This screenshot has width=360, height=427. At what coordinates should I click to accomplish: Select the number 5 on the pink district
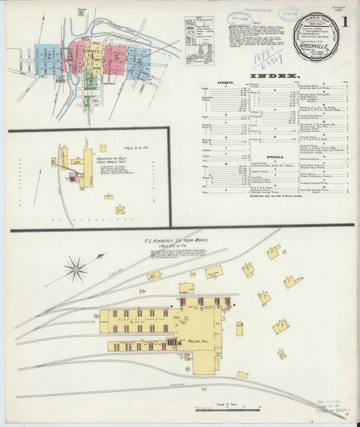(x=117, y=58)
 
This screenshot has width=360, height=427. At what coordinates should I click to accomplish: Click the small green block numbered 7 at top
(x=81, y=12)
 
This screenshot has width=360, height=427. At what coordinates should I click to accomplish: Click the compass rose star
(x=76, y=269)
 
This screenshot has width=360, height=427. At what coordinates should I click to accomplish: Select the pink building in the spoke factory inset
(x=74, y=177)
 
